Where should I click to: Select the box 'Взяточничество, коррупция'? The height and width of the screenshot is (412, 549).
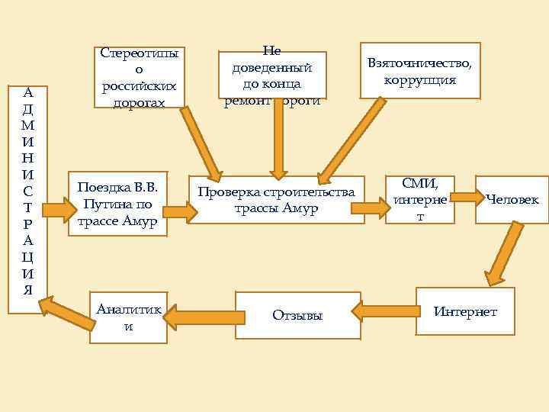(420, 71)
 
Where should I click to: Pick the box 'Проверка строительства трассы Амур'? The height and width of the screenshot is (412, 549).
(277, 200)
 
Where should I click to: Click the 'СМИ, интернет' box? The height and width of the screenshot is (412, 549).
(420, 200)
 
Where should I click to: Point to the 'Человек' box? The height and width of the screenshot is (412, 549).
(512, 200)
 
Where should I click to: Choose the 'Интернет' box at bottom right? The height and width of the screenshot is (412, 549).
(465, 311)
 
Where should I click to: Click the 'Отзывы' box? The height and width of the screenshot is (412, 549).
(297, 314)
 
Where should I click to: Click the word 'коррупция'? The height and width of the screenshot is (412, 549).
(420, 80)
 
